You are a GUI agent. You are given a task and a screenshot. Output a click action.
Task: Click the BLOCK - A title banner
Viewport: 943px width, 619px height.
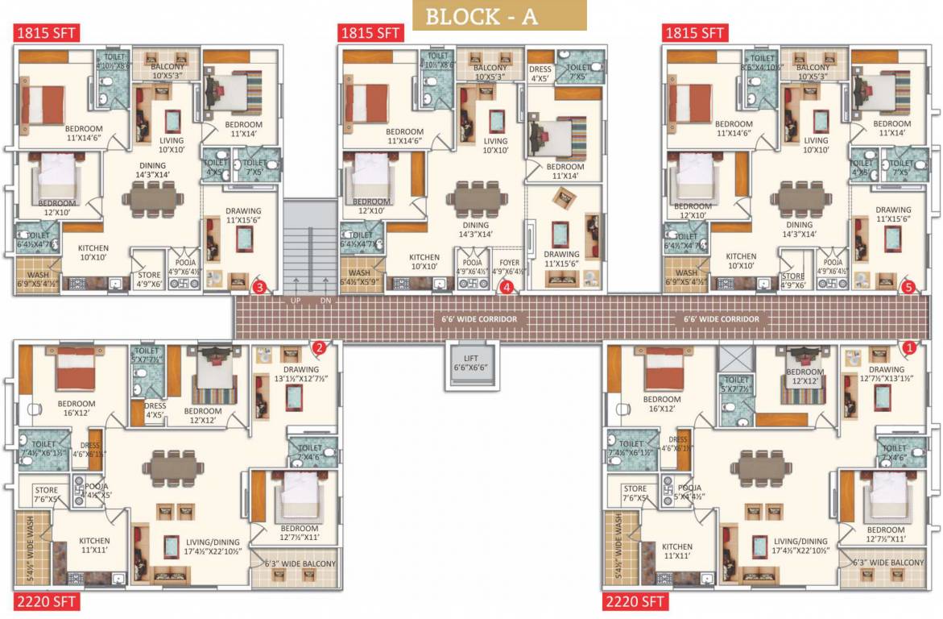click(499, 16)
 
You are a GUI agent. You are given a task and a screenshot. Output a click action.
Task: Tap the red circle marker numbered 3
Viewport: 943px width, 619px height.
click(259, 286)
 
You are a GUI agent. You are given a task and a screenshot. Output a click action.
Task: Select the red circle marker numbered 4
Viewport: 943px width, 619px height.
click(507, 286)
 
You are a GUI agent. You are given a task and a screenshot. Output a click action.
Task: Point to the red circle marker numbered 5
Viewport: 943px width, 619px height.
click(908, 286)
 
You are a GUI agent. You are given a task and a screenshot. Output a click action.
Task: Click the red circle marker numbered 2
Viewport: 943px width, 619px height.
click(319, 348)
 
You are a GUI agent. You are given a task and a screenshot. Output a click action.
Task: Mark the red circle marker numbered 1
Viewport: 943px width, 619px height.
click(908, 348)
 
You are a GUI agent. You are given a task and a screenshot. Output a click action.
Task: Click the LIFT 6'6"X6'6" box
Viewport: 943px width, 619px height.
click(472, 362)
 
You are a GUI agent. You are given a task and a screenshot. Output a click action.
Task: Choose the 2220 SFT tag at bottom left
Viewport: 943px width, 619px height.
click(46, 601)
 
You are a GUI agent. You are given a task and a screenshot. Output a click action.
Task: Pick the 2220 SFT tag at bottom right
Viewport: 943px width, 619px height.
click(634, 601)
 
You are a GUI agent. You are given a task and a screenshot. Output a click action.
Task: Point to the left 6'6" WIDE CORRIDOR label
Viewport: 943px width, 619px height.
click(478, 319)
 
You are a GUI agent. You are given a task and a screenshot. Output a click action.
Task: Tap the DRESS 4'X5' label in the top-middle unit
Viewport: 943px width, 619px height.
click(540, 74)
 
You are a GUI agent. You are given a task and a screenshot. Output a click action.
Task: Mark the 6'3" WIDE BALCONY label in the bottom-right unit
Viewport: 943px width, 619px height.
click(884, 563)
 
